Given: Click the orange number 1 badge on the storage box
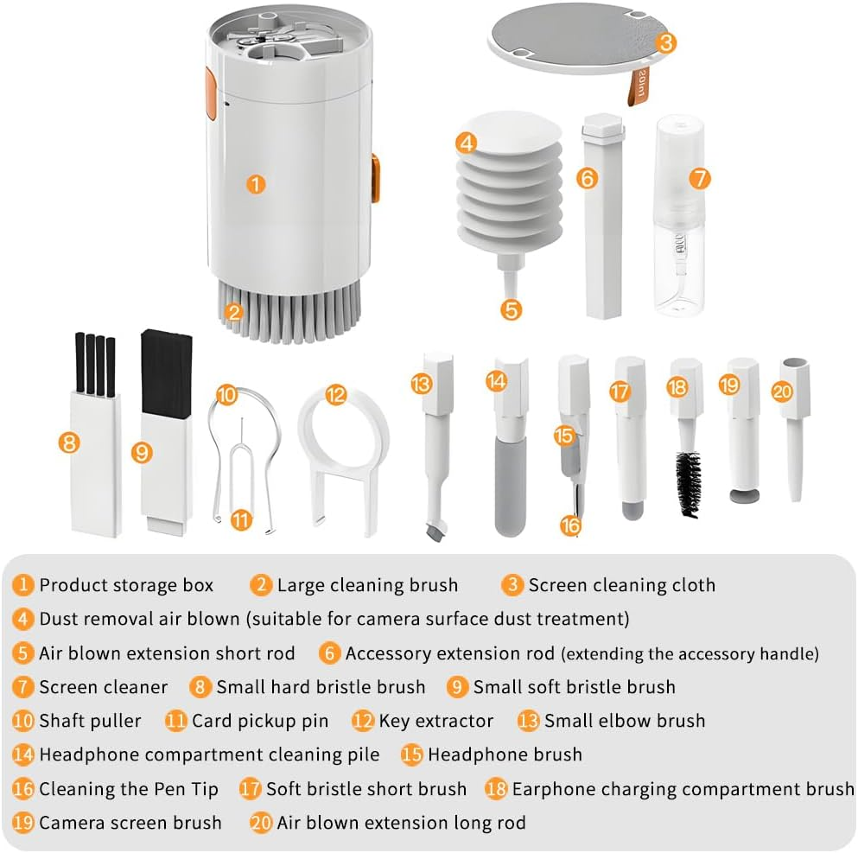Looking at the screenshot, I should point(255,184).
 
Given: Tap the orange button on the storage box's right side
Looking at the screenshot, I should point(375,178).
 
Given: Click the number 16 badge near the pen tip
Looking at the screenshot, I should point(570,524).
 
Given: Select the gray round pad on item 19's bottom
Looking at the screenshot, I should point(740,496).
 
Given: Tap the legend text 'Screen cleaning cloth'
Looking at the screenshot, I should point(621,585).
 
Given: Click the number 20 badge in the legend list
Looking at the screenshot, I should point(261,823).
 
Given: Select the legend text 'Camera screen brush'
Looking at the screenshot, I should point(130,823).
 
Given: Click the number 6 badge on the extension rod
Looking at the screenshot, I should point(588,179).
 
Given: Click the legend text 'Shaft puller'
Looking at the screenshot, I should point(90,721).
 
